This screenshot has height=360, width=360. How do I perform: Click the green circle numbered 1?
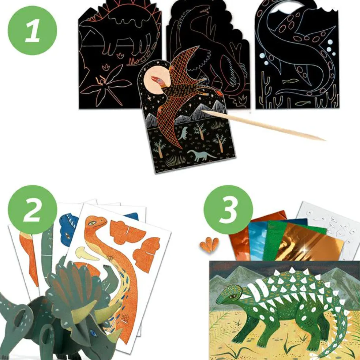(32, 30)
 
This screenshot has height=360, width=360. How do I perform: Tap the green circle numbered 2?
(32, 210)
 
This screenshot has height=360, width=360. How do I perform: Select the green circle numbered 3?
(228, 210)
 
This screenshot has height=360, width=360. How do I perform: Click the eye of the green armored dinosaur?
(234, 296)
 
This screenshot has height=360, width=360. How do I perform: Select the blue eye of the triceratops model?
(93, 332)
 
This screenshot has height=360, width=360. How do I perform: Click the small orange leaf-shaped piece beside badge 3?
(209, 245)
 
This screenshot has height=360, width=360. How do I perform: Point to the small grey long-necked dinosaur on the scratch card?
(201, 155)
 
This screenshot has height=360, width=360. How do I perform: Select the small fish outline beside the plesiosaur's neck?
(290, 80)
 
